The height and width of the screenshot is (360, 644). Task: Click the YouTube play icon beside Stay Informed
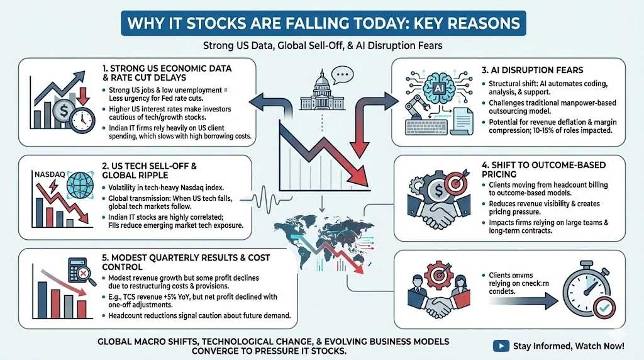click(500, 346)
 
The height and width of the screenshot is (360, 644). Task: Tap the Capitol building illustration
click(318, 95)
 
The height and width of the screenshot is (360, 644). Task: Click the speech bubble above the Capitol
click(345, 76)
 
